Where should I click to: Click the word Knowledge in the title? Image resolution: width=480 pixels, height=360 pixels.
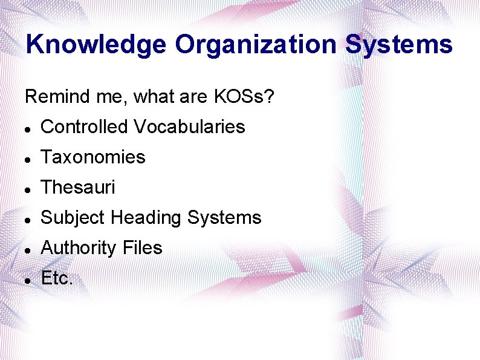tap(96, 45)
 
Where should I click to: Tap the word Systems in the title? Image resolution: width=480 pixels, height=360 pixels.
tap(399, 45)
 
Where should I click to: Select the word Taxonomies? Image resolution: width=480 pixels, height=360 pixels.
tap(93, 157)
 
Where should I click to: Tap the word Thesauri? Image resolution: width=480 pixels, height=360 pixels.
tap(77, 188)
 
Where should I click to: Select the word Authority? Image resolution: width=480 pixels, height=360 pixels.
tap(78, 248)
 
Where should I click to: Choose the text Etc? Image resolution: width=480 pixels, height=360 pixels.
tap(57, 278)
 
